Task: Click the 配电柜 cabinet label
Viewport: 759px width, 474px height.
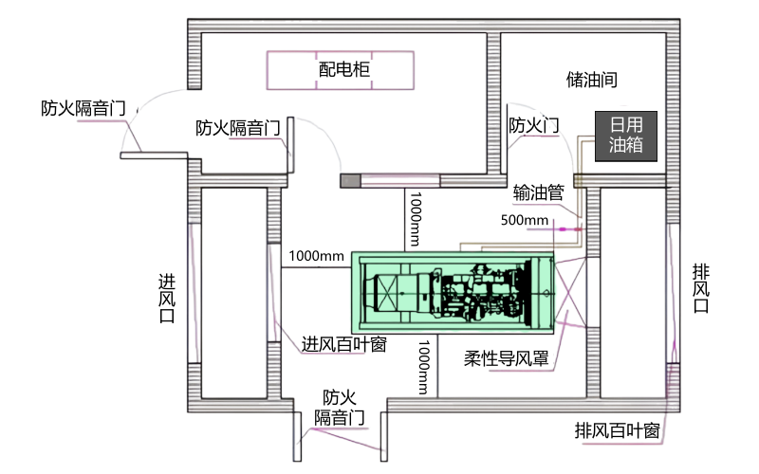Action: tap(343, 70)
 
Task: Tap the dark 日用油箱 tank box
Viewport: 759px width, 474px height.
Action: tap(626, 136)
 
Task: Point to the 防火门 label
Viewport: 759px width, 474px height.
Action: tap(533, 125)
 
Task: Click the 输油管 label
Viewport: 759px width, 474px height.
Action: tap(538, 191)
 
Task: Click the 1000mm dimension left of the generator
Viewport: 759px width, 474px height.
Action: tap(317, 256)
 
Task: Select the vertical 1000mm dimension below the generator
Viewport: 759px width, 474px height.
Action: tap(424, 367)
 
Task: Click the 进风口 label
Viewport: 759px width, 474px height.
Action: tap(167, 299)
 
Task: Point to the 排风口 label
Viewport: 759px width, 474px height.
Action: tap(701, 288)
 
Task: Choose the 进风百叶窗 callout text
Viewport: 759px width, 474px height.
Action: tap(343, 344)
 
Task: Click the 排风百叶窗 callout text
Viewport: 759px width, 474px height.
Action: tap(617, 429)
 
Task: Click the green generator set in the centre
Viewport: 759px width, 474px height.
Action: tap(452, 291)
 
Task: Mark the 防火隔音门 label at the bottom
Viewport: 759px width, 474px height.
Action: tap(340, 407)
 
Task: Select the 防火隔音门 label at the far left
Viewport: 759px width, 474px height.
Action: tap(83, 108)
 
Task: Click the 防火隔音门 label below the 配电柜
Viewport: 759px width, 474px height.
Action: tap(237, 128)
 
